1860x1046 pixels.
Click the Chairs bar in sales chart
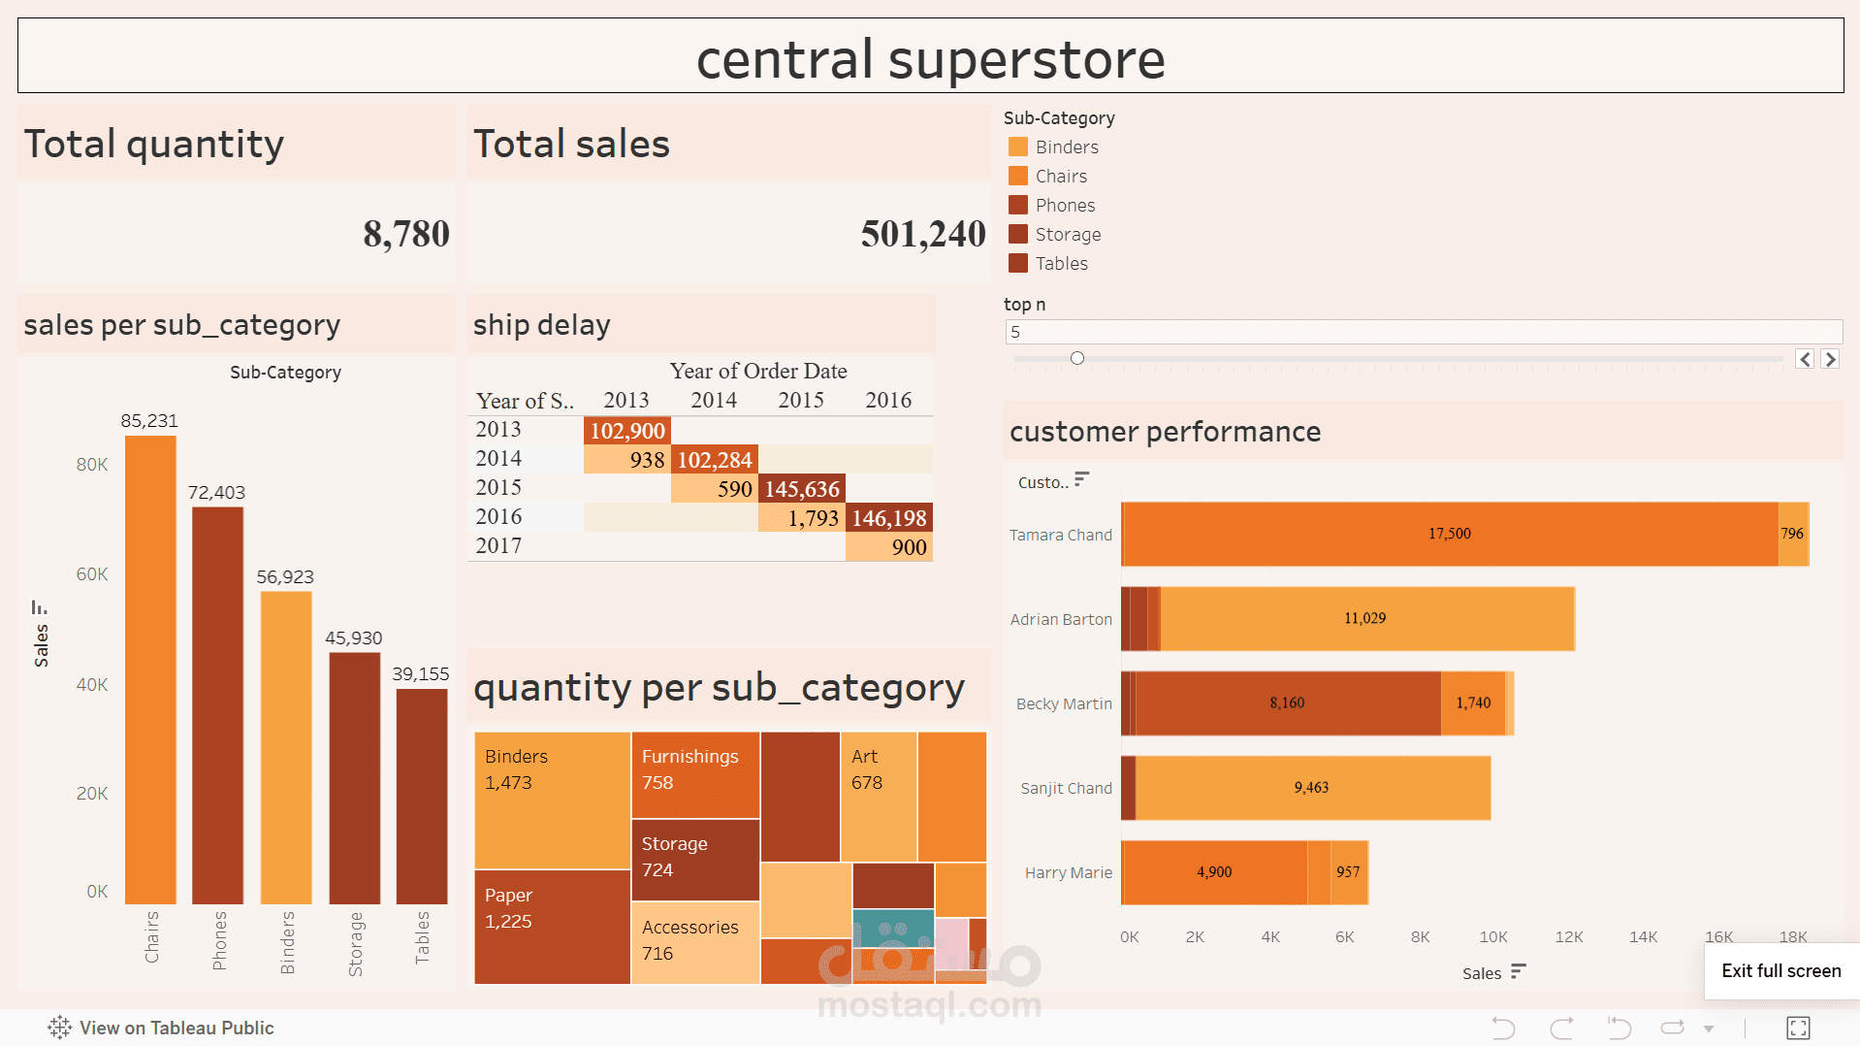(x=150, y=670)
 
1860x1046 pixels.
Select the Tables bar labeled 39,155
(x=422, y=796)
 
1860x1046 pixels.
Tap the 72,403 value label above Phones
(x=216, y=493)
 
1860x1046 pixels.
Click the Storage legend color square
(x=1017, y=234)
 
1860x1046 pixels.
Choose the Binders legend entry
(x=1066, y=147)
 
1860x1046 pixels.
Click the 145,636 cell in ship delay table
(x=801, y=489)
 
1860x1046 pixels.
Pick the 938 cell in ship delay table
(x=627, y=460)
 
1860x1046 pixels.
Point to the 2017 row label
(x=498, y=546)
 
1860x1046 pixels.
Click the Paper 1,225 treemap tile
(x=552, y=927)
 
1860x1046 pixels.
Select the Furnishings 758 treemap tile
(x=694, y=774)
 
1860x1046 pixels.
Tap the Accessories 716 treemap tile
(x=694, y=941)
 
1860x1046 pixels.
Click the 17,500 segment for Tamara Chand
(x=1449, y=534)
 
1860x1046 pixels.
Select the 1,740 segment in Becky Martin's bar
(x=1472, y=703)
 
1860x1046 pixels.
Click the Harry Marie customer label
(x=1068, y=873)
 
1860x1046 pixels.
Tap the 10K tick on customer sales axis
(x=1492, y=937)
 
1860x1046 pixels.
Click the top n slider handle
(x=1076, y=359)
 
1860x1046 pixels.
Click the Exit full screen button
(x=1780, y=971)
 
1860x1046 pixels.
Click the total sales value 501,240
(x=922, y=234)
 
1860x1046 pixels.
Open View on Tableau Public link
(x=162, y=1028)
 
